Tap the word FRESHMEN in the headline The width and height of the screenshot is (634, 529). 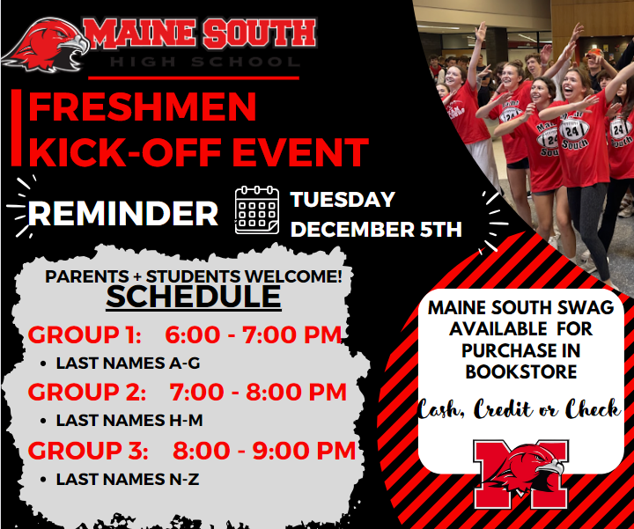pyautogui.click(x=143, y=107)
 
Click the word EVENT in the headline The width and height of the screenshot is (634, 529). pyautogui.click(x=300, y=152)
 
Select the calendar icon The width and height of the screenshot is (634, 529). pyautogui.click(x=257, y=209)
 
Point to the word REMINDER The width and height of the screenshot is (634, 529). pyautogui.click(x=123, y=213)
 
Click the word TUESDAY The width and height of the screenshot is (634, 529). pyautogui.click(x=343, y=199)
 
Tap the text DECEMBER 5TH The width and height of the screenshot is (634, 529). pyautogui.click(x=376, y=229)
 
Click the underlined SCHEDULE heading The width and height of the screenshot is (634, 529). pyautogui.click(x=194, y=297)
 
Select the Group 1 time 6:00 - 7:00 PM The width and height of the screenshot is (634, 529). pyautogui.click(x=254, y=335)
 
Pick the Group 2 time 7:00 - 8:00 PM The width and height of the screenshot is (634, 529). pyautogui.click(x=258, y=392)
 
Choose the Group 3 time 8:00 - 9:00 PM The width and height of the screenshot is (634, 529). pyautogui.click(x=264, y=451)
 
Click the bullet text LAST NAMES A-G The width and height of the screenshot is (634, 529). pyautogui.click(x=129, y=364)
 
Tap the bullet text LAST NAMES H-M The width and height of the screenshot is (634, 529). pyautogui.click(x=129, y=421)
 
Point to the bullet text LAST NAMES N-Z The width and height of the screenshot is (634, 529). pyautogui.click(x=128, y=480)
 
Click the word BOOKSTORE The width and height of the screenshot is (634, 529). pyautogui.click(x=520, y=371)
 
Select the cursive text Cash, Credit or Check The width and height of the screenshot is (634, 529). pyautogui.click(x=520, y=409)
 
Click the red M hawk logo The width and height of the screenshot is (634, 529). pyautogui.click(x=520, y=474)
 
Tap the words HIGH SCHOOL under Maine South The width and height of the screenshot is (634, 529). pyautogui.click(x=204, y=62)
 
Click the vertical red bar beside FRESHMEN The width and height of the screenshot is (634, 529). pyautogui.click(x=16, y=128)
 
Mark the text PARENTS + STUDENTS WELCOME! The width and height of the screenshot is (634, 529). pyautogui.click(x=194, y=277)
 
